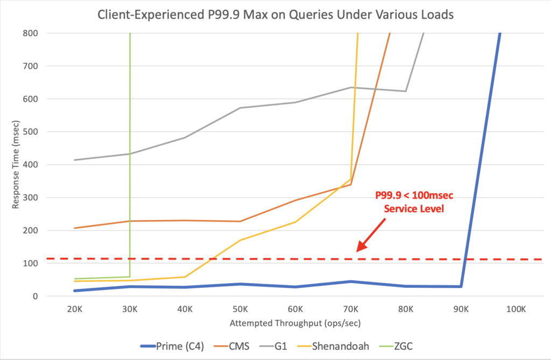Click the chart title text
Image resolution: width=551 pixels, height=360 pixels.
[275, 15]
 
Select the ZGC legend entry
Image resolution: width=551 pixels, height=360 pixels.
[396, 347]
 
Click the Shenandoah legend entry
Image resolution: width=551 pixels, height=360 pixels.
[333, 347]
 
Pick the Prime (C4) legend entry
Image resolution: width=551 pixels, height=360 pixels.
[172, 347]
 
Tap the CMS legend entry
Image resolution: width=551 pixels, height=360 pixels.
[231, 347]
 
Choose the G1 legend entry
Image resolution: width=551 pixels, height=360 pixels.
[273, 347]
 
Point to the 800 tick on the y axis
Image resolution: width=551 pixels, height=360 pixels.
[31, 33]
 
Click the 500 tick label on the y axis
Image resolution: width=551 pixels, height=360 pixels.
[31, 132]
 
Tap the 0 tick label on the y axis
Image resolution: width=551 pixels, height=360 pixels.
[35, 297]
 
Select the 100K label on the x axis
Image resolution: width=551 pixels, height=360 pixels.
[516, 309]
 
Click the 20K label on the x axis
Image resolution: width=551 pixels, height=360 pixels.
[75, 309]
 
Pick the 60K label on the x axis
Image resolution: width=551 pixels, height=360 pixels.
[295, 309]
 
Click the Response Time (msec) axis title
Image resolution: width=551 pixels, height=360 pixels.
[16, 165]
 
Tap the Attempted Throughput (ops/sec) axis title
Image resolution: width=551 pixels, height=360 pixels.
[295, 323]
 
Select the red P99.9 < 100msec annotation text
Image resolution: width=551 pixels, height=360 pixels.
[414, 202]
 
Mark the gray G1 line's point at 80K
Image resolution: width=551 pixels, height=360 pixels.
[406, 91]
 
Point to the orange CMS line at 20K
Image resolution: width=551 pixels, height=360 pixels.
[75, 228]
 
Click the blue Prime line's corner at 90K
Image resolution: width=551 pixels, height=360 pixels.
[461, 286]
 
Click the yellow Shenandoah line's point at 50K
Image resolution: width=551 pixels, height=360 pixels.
[241, 240]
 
